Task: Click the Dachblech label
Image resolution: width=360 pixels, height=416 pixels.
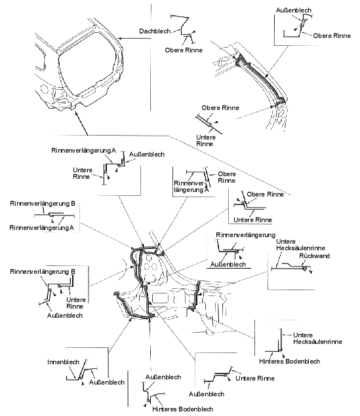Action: point(155,31)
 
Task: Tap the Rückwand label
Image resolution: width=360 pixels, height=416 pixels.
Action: point(314,256)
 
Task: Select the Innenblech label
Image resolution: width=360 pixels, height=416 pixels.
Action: point(63,362)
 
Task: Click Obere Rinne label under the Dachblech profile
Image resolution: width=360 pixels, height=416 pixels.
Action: point(184,50)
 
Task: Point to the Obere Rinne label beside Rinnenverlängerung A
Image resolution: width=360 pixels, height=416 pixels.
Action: point(227,178)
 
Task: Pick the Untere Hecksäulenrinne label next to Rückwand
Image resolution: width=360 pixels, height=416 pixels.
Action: point(300,245)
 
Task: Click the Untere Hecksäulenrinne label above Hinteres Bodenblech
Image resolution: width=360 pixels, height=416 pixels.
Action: point(317,338)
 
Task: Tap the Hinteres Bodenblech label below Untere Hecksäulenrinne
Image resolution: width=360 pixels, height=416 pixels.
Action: point(289,362)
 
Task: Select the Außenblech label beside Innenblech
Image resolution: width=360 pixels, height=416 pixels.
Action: point(107,383)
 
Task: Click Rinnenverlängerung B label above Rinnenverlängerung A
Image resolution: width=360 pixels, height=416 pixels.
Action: point(43,204)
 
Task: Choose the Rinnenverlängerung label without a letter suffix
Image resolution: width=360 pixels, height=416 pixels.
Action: point(246,235)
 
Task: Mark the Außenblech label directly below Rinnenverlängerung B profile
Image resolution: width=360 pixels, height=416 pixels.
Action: point(65,316)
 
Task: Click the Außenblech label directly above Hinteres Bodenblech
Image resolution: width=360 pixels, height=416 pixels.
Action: point(163,377)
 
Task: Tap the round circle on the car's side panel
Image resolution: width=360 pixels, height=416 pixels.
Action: point(44,88)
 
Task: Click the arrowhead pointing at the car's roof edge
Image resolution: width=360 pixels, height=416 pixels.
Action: point(119,39)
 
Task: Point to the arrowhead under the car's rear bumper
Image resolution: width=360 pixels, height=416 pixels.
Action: point(77,113)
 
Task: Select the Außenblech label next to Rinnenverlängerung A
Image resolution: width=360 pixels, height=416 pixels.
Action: point(147,155)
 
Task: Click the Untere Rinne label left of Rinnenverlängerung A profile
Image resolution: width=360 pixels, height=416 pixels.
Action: point(83,173)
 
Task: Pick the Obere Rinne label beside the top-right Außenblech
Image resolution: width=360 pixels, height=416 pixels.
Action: point(332,36)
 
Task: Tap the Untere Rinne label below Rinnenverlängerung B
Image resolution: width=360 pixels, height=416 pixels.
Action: point(76,303)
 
